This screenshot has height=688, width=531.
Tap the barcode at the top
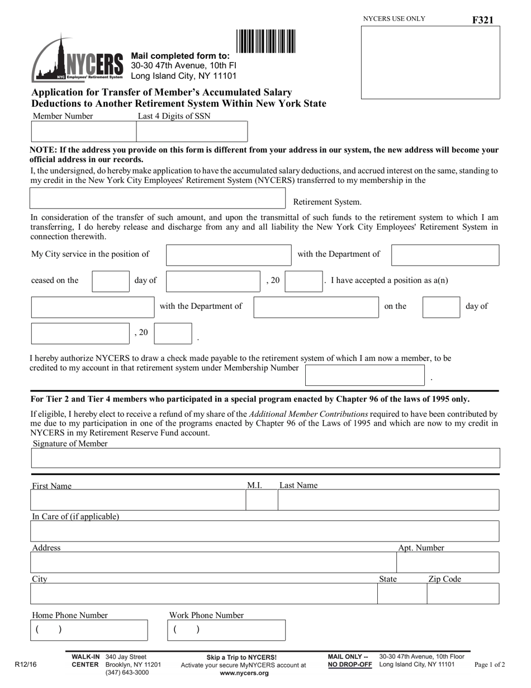click(x=265, y=41)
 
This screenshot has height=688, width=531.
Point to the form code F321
click(x=482, y=20)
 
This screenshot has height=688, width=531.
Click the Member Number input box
click(x=83, y=131)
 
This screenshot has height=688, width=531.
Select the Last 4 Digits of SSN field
click(x=192, y=131)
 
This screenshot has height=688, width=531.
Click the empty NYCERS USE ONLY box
click(x=430, y=62)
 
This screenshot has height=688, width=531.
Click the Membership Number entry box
click(x=364, y=375)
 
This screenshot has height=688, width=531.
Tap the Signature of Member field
click(x=265, y=458)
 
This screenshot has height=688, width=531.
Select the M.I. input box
click(x=262, y=500)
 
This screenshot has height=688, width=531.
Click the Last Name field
click(x=388, y=500)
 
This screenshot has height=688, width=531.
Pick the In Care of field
click(x=265, y=531)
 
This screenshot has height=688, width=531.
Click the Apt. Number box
click(x=447, y=562)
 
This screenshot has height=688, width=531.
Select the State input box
click(x=402, y=593)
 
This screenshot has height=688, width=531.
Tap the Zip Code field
click(x=463, y=593)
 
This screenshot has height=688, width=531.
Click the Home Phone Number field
click(x=89, y=630)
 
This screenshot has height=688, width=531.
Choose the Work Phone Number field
click(x=226, y=630)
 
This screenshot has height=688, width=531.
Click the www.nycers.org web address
click(x=244, y=673)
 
